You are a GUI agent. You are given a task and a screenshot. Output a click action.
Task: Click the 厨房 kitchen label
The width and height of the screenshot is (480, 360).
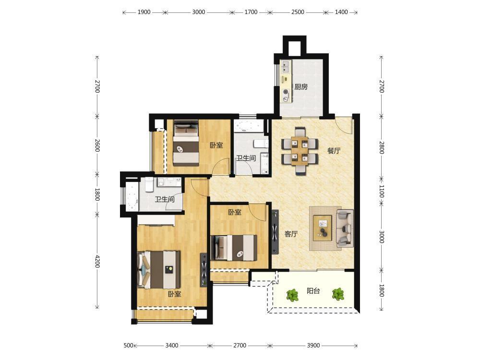pyautogui.click(x=300, y=87)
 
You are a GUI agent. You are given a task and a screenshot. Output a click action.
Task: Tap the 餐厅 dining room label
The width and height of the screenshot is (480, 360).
pyautogui.click(x=334, y=151)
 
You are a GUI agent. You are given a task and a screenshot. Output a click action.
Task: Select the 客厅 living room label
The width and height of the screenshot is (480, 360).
pyautogui.click(x=291, y=234)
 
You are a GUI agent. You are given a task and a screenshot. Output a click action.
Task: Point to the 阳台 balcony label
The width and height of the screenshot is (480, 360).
pyautogui.click(x=313, y=291)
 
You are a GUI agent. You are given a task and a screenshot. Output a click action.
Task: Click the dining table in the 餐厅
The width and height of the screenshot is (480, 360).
pyautogui.click(x=300, y=151)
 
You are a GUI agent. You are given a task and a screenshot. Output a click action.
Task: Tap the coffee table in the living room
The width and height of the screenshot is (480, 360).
pyautogui.click(x=323, y=228)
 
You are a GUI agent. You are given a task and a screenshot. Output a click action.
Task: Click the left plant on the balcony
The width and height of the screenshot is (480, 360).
pyautogui.click(x=292, y=295)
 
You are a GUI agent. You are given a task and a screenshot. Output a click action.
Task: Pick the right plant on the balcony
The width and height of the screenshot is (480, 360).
pyautogui.click(x=338, y=295)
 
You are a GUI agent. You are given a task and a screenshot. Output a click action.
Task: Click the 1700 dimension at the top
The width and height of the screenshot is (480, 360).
pyautogui.click(x=251, y=12)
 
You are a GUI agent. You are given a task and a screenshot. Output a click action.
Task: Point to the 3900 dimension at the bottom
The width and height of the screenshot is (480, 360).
pyautogui.click(x=313, y=345)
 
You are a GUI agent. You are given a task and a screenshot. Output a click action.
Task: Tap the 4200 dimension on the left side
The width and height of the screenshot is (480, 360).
pyautogui.click(x=97, y=261)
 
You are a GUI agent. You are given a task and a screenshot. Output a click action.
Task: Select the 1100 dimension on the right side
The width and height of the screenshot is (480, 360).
pyautogui.click(x=382, y=191)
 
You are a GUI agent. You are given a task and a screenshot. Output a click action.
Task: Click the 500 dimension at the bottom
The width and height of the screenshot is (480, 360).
pyautogui.click(x=129, y=345)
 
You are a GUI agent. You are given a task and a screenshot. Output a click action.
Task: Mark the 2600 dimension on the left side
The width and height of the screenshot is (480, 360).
pyautogui.click(x=97, y=145)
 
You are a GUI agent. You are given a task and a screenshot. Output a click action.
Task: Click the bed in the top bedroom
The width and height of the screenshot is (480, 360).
pyautogui.click(x=186, y=143)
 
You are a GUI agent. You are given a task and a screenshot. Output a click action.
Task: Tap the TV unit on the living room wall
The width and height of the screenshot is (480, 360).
pyautogui.click(x=275, y=232)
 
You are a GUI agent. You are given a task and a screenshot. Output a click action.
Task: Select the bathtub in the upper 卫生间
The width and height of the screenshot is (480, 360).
pyautogui.click(x=249, y=126)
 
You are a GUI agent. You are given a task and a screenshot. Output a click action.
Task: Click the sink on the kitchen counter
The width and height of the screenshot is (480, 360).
pyautogui.click(x=286, y=67)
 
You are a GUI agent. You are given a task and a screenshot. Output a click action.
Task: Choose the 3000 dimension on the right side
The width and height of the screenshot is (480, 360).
pyautogui.click(x=382, y=237)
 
